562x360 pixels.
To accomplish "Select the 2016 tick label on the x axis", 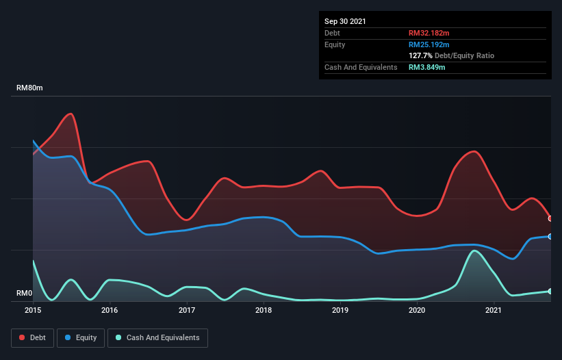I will [x=110, y=311].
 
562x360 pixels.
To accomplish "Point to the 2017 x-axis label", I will [x=187, y=311].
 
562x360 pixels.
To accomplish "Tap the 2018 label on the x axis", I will [x=264, y=311].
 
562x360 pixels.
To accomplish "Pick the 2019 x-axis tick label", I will [x=340, y=311].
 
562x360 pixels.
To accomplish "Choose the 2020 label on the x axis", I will [x=418, y=311].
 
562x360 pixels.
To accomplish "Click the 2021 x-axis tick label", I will [x=494, y=311].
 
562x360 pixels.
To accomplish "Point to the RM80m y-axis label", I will [x=30, y=88].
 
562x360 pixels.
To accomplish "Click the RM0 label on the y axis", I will [x=24, y=294].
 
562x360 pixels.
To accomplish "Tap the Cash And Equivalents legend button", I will [x=157, y=337].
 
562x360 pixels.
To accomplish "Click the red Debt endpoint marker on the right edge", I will [x=550, y=218].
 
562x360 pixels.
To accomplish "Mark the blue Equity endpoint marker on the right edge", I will [x=550, y=236].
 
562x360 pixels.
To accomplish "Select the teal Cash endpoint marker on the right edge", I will [x=550, y=291].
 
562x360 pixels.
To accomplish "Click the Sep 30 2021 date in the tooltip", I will [x=346, y=21].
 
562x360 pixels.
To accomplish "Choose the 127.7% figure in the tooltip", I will [x=420, y=55].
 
